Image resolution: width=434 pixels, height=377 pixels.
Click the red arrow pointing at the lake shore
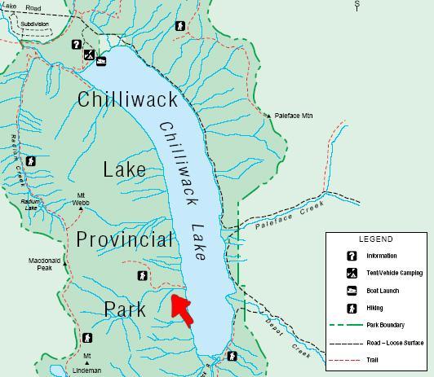[181, 309]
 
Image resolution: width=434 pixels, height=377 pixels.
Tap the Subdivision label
[35, 24]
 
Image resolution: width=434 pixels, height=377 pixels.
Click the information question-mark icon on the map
[76, 46]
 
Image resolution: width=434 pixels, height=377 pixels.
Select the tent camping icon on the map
[90, 55]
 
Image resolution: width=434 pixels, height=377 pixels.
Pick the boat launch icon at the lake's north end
[101, 60]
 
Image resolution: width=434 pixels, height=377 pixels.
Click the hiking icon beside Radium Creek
[30, 161]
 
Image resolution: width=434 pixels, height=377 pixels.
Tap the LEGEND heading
[375, 239]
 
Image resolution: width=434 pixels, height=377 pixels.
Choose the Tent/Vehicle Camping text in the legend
[395, 273]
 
